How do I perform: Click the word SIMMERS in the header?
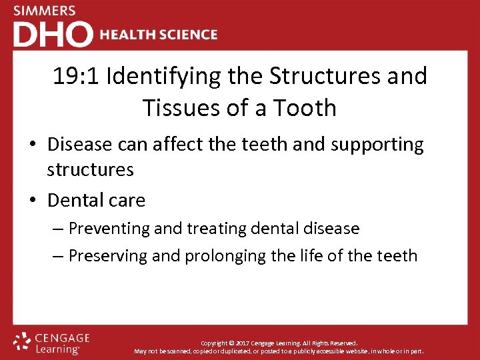point(45,11)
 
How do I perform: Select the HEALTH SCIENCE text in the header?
point(158,35)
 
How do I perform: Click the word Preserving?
point(109,256)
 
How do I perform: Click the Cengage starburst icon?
point(22,341)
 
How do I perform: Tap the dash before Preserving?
point(58,256)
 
